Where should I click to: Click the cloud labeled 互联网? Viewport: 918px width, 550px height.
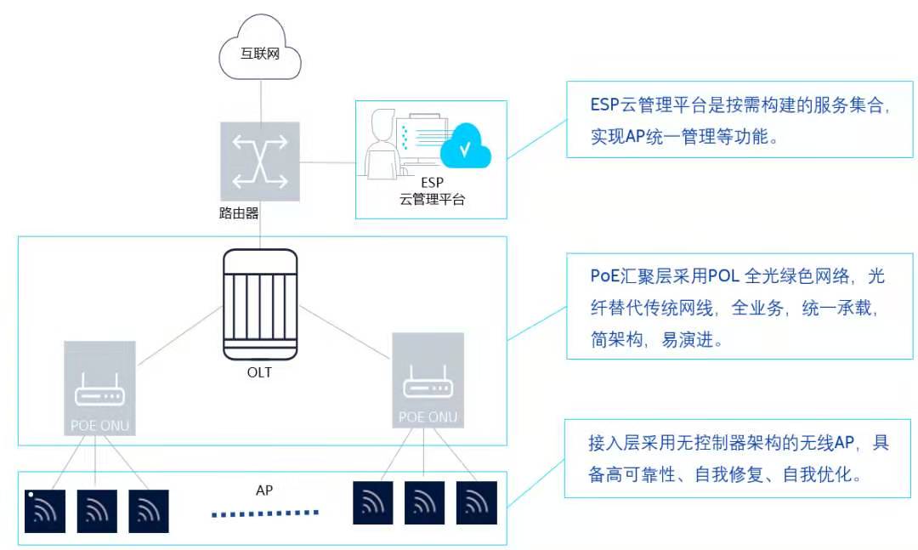click(x=260, y=49)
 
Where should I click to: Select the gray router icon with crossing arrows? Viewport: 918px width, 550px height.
click(x=260, y=161)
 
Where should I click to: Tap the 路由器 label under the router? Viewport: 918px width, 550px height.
click(x=239, y=213)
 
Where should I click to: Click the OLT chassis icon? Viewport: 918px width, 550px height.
click(x=260, y=304)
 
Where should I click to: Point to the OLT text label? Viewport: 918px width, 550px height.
click(x=259, y=372)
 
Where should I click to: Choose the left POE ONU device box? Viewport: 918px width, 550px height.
click(x=99, y=388)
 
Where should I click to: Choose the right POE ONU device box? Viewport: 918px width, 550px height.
click(x=428, y=380)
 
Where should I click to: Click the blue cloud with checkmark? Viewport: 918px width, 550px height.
click(x=466, y=146)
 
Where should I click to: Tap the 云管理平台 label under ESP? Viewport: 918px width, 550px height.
click(x=432, y=199)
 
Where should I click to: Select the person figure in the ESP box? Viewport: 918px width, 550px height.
click(x=382, y=144)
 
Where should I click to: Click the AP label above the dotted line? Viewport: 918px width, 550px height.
click(x=264, y=490)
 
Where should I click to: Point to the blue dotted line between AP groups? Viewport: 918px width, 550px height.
click(x=265, y=513)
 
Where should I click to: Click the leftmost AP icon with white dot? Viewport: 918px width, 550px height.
click(x=45, y=512)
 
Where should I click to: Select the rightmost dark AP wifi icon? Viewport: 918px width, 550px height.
click(x=477, y=502)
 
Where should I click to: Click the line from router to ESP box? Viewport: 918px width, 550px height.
click(x=328, y=162)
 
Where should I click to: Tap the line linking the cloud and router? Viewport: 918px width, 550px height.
click(x=261, y=101)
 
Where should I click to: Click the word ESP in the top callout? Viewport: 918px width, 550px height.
click(x=605, y=105)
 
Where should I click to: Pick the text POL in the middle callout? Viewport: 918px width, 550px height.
click(x=723, y=276)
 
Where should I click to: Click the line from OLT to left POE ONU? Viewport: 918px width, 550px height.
click(x=179, y=336)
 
